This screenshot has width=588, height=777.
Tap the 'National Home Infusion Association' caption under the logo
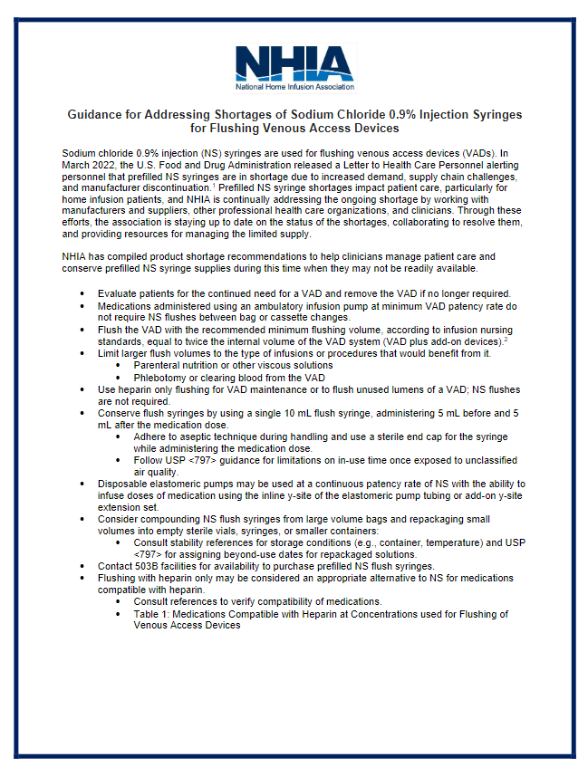(294, 88)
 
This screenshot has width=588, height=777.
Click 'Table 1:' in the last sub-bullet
(153, 613)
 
